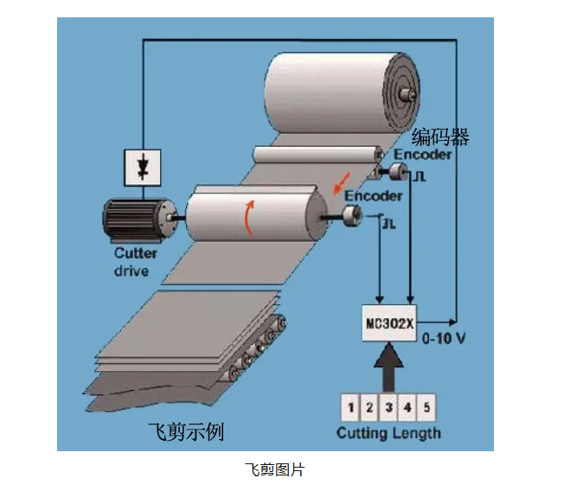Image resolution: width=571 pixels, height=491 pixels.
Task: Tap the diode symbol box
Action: coord(143,166)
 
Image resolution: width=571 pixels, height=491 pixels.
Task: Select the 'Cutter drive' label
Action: coord(136,263)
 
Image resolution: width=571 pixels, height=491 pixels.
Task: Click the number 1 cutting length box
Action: coord(350,406)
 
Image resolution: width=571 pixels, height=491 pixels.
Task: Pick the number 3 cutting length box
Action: coord(388,406)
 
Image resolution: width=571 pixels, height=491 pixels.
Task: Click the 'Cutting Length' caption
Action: coord(388,433)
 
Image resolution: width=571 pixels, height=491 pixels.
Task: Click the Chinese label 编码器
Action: coord(440,137)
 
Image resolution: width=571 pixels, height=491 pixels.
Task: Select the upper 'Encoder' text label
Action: coord(422,155)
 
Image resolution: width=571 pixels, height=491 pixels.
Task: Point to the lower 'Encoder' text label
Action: coord(374,196)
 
